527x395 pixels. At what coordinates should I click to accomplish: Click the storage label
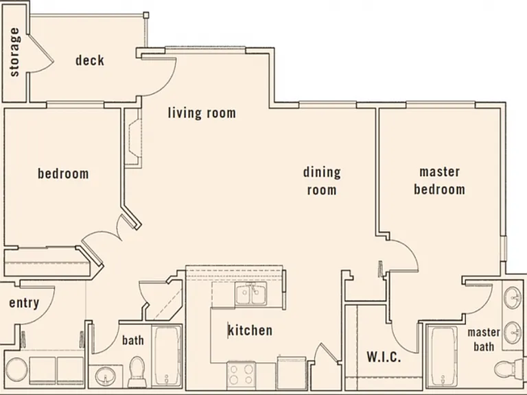(15, 52)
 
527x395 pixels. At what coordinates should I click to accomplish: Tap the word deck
(90, 60)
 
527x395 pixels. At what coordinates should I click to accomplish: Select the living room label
(202, 112)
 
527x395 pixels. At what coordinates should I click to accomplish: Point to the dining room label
(322, 181)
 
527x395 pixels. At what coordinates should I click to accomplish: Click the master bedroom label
(439, 181)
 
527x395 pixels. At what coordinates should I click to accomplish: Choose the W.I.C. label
(384, 357)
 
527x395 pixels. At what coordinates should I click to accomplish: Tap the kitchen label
(250, 330)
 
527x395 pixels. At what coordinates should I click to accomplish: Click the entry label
(24, 303)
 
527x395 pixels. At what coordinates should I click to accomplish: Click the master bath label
(484, 339)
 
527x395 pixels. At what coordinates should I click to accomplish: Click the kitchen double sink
(250, 294)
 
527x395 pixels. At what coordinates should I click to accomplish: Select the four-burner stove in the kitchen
(241, 374)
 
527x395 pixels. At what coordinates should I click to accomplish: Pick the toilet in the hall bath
(137, 372)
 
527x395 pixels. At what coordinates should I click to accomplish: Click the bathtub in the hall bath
(167, 356)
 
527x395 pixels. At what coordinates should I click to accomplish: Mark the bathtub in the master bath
(444, 357)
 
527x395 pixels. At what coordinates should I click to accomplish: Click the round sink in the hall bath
(105, 376)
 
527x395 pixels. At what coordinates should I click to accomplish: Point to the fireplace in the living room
(133, 138)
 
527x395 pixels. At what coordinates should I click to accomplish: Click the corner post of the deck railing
(146, 15)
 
